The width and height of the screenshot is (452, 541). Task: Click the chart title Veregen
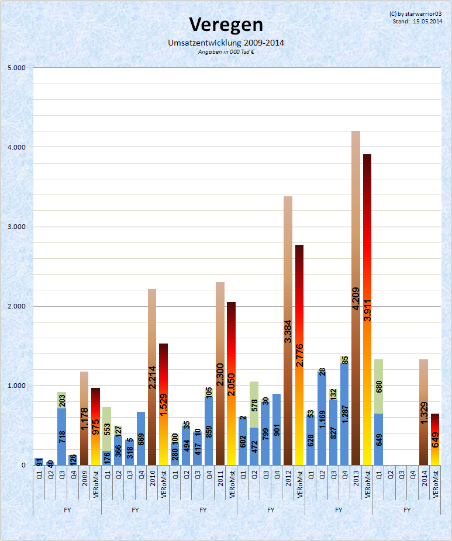click(x=226, y=25)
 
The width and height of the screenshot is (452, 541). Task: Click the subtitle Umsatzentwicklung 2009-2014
click(x=226, y=43)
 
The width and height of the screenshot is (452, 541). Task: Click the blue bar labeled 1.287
click(x=344, y=415)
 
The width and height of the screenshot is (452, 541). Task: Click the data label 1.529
click(x=164, y=409)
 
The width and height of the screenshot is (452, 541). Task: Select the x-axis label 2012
click(x=288, y=474)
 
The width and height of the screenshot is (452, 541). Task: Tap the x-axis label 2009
click(x=84, y=474)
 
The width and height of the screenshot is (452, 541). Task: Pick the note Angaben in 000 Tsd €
click(x=226, y=51)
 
